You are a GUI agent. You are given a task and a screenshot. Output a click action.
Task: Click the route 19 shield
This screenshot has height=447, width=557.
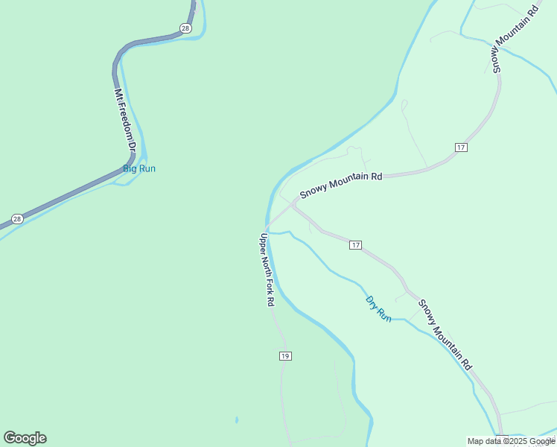click(x=285, y=356)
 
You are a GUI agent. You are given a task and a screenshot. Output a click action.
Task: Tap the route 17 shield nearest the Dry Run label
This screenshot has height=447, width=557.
click(x=355, y=245)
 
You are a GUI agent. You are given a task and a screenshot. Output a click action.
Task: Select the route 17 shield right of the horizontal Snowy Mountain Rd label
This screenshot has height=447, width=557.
click(x=462, y=148)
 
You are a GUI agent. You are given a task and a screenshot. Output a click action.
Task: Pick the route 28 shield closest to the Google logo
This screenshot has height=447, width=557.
click(x=17, y=219)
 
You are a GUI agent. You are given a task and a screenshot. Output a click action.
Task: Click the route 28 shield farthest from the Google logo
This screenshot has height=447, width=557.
click(x=185, y=28)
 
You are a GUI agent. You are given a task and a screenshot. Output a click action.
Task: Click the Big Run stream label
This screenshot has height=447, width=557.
click(x=139, y=168)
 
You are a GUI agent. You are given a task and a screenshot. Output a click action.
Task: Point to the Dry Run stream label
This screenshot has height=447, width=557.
click(x=378, y=308)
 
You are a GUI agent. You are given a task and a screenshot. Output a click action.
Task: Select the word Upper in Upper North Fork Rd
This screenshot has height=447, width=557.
click(x=262, y=244)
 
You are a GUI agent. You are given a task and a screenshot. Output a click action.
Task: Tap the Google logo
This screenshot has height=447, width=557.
click(x=25, y=438)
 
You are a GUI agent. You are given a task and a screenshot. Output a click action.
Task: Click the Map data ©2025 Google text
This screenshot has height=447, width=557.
click(x=511, y=441)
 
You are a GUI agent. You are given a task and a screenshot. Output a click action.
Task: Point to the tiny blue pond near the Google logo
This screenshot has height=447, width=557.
click(x=236, y=419)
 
